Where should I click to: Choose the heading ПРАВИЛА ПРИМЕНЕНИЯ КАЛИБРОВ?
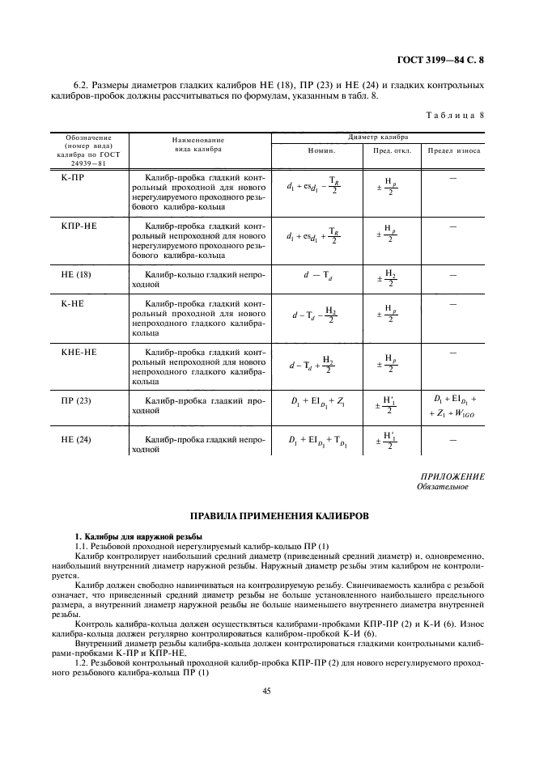point(267,515)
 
